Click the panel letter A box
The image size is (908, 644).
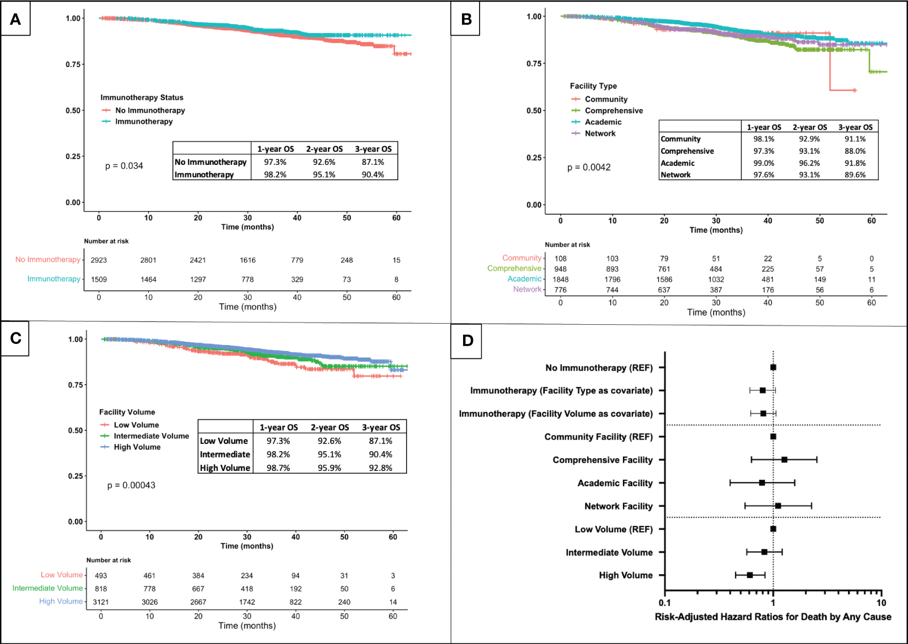15,20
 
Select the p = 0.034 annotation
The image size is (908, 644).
124,166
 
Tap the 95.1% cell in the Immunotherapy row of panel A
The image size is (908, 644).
324,175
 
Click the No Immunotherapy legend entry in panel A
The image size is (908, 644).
149,110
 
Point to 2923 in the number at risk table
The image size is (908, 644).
99,260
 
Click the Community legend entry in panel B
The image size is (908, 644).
606,99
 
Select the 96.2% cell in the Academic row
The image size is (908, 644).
809,163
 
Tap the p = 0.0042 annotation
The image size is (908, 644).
589,168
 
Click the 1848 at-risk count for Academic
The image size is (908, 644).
560,280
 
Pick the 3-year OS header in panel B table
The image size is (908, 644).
855,127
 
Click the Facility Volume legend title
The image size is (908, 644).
127,412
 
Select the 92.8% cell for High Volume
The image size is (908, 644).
380,468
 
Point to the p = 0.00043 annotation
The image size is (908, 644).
131,486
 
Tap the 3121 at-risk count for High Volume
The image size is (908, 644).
101,602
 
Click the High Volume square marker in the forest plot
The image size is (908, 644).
750,575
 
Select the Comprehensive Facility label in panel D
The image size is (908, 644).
603,460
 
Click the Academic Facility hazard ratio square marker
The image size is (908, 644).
762,483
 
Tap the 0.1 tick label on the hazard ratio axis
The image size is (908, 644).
665,603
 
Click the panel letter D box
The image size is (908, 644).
467,341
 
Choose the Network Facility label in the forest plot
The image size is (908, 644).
619,506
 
